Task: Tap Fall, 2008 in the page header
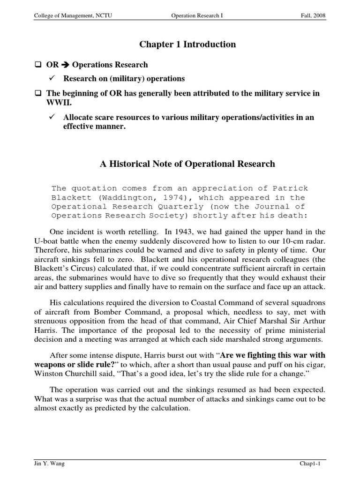pyautogui.click(x=313, y=16)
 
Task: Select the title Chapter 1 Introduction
pyautogui.click(x=187, y=45)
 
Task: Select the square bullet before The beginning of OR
pyautogui.click(x=38, y=93)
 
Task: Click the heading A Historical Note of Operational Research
pyautogui.click(x=187, y=164)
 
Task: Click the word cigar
pyautogui.click(x=315, y=364)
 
